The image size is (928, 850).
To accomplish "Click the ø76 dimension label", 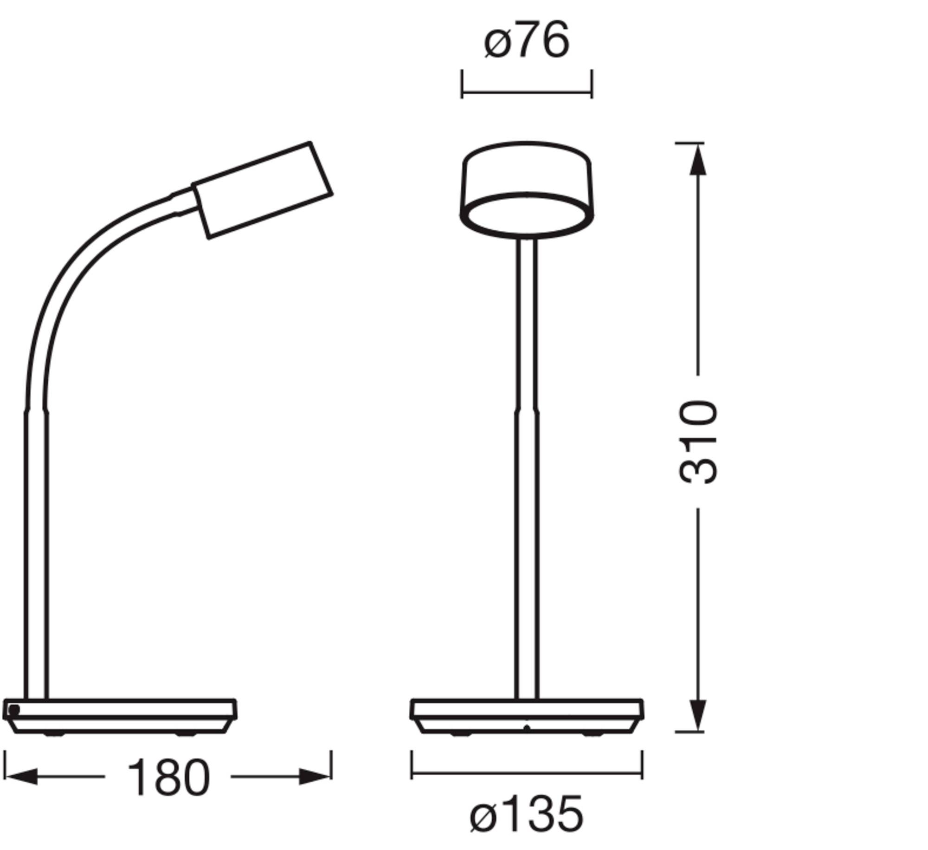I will click(x=526, y=41).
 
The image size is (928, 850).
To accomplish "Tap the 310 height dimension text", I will click(x=697, y=441).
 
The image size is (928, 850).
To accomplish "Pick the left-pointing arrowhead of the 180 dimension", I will click(x=21, y=777).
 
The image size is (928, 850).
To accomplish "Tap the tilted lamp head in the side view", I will click(x=263, y=190).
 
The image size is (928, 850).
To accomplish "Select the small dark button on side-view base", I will click(x=14, y=710).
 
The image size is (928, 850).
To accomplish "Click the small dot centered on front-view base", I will click(x=526, y=727).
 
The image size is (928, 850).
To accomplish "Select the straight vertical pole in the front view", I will click(x=527, y=464).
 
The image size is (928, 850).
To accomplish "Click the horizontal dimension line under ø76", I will click(x=527, y=92).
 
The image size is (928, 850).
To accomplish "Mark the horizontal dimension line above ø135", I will click(x=527, y=773).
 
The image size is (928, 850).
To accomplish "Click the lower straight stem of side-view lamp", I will click(x=36, y=557).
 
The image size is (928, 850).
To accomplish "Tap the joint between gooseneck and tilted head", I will click(x=182, y=202).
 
